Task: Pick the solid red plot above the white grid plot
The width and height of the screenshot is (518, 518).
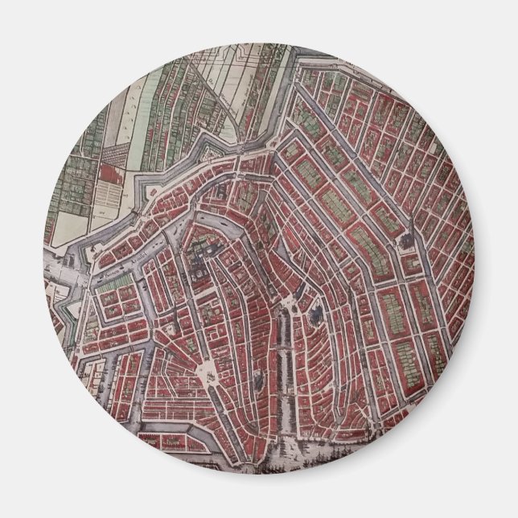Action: (113, 171)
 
